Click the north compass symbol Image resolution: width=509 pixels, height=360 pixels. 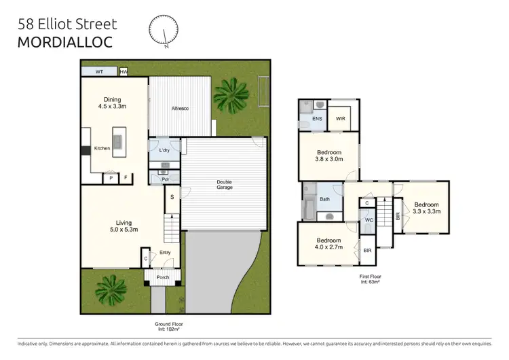pos(163,31)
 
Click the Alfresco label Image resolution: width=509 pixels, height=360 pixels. pos(180,107)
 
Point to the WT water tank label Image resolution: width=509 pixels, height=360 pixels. pos(99,71)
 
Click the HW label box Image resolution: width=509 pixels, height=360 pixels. pos(124,71)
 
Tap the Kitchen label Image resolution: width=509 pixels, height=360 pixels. pos(102,148)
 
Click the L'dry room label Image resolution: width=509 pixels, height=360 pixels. pos(164,150)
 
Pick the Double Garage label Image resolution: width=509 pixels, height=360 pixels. pos(225,184)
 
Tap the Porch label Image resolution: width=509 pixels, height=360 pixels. pos(163,277)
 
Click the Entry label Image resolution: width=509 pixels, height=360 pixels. pos(165,253)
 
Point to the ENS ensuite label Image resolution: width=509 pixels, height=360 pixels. pos(317,119)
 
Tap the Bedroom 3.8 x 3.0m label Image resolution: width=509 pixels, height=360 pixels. pos(328,156)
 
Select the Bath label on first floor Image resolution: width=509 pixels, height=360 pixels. pos(325,199)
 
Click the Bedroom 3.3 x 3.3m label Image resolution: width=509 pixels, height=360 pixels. pos(427,208)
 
